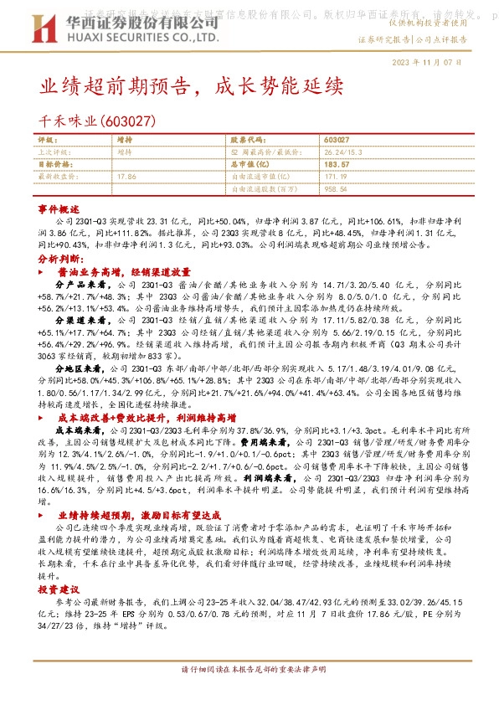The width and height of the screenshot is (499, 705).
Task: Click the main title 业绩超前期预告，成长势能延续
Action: (193, 86)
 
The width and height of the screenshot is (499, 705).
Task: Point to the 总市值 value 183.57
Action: (336, 165)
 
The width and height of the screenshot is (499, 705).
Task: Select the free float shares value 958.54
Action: (336, 190)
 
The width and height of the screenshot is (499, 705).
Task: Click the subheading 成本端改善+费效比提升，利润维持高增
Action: (147, 415)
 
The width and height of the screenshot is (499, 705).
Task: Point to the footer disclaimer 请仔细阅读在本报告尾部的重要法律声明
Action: (249, 672)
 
